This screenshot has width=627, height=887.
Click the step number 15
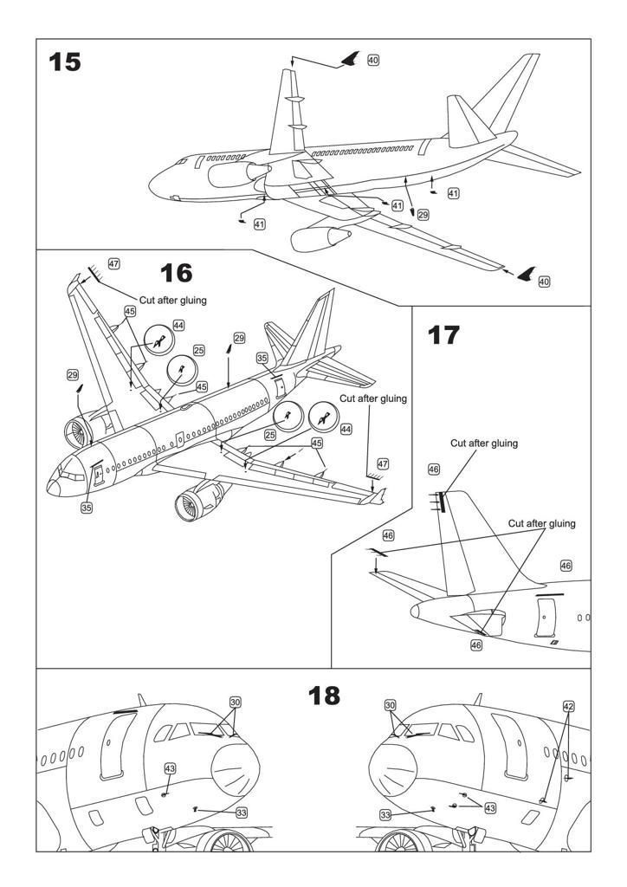(x=65, y=62)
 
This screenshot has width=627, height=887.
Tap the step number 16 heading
(x=176, y=273)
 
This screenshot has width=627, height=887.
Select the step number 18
(x=325, y=695)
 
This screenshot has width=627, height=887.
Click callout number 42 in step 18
(x=568, y=706)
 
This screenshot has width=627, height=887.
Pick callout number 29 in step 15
(x=423, y=213)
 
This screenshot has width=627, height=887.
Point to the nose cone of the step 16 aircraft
(x=54, y=488)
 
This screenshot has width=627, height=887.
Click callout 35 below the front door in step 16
(x=87, y=508)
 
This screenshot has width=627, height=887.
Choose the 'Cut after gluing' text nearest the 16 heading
(x=172, y=300)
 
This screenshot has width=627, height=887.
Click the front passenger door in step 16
(x=95, y=473)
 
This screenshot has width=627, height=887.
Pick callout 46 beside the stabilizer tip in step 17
(x=388, y=536)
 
